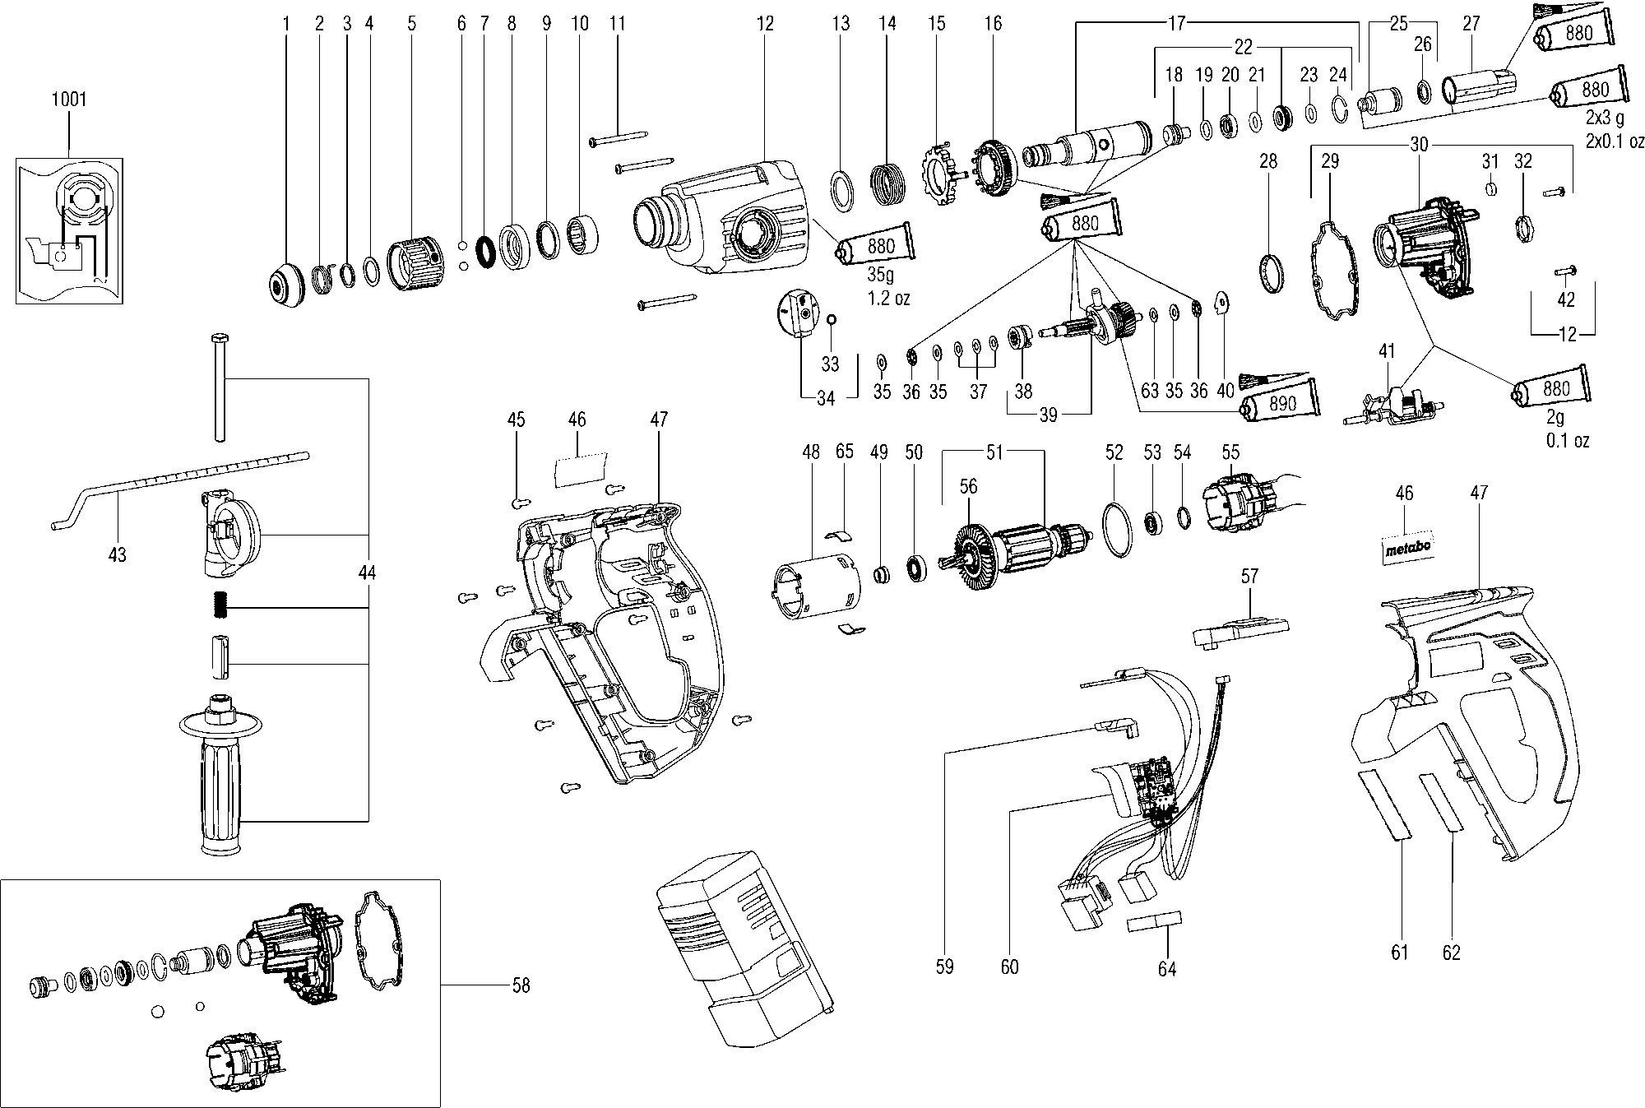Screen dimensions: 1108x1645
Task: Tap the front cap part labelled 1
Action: [x=285, y=285]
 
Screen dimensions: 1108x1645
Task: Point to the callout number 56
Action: [x=968, y=487]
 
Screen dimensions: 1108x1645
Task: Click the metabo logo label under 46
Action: [x=1405, y=549]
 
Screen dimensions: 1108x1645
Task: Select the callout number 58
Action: [x=521, y=985]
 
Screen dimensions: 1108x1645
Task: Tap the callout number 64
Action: [x=1166, y=968]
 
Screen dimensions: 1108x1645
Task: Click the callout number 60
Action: [x=1009, y=967]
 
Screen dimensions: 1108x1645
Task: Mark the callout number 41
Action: [x=1387, y=351]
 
